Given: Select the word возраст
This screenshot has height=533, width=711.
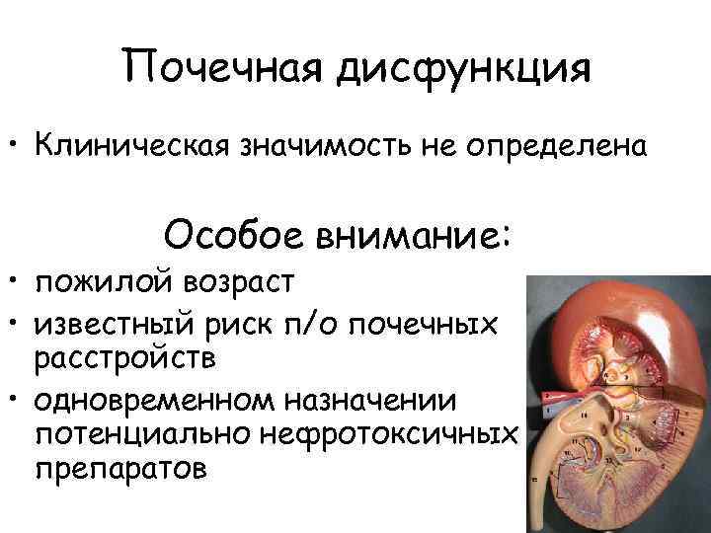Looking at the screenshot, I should coord(237,283).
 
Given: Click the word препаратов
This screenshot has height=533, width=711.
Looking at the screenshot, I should coord(119,467).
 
